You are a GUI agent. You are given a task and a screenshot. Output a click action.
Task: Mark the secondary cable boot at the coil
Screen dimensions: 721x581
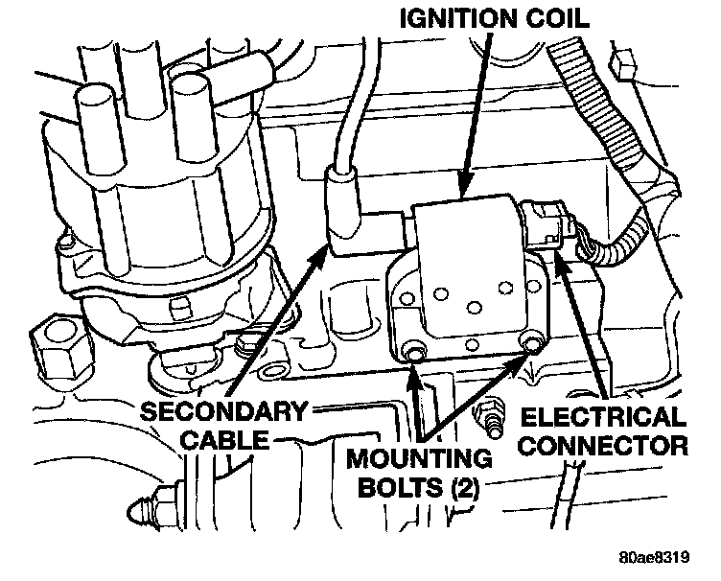point(343,206)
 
